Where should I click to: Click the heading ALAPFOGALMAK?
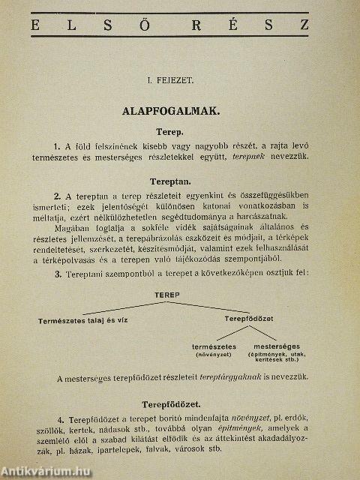[x=170, y=111]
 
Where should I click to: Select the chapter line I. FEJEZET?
[x=170, y=76]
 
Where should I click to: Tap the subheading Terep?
[x=170, y=131]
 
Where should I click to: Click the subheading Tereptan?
[x=170, y=182]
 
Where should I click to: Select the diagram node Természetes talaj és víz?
[x=83, y=320]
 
